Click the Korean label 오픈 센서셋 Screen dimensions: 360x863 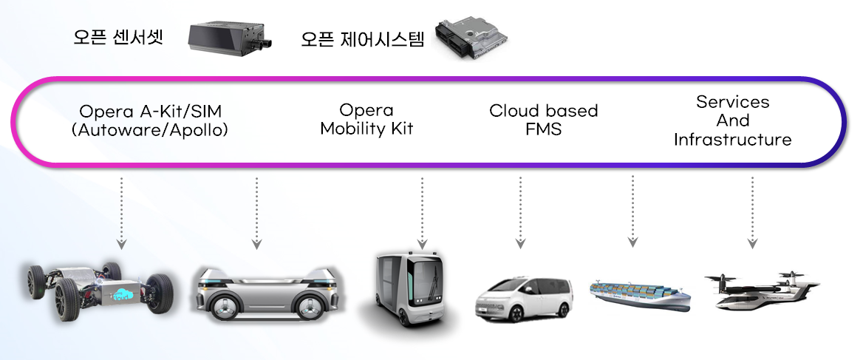(117, 37)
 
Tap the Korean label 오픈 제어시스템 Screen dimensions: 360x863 (362, 38)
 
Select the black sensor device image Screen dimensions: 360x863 (228, 37)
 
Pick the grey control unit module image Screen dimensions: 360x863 (472, 39)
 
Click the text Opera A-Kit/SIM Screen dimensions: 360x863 (150, 112)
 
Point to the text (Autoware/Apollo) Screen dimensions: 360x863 (150, 130)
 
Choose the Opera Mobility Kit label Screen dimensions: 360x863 (366, 119)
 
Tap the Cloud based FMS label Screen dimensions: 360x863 (543, 120)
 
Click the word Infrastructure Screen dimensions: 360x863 (732, 139)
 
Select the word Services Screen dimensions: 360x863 (732, 101)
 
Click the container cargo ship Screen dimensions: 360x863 (640, 293)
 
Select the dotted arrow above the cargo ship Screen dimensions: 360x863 (632, 211)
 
